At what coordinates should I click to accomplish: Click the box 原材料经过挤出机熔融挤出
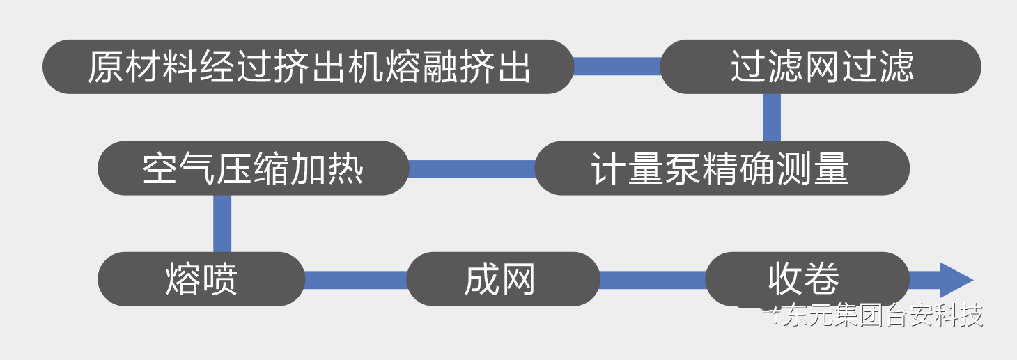point(309,67)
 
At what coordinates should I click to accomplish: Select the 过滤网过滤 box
point(821,67)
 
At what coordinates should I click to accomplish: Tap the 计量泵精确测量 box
point(722,169)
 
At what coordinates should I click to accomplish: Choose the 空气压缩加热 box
point(253,169)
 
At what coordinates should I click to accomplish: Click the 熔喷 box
point(201,279)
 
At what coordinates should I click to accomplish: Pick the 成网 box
point(502,279)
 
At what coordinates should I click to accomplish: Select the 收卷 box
point(807,279)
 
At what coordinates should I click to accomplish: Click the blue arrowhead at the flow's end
point(956,280)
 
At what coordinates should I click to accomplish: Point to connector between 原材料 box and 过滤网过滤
point(617,67)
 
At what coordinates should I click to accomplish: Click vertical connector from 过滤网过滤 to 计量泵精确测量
point(771,117)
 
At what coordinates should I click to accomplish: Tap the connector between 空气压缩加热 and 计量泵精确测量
point(472,169)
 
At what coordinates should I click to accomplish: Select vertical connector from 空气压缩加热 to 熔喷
point(222,223)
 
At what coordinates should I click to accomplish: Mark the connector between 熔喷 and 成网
point(355,280)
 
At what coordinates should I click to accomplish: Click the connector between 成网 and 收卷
point(653,280)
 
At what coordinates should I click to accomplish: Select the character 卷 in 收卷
point(824,279)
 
